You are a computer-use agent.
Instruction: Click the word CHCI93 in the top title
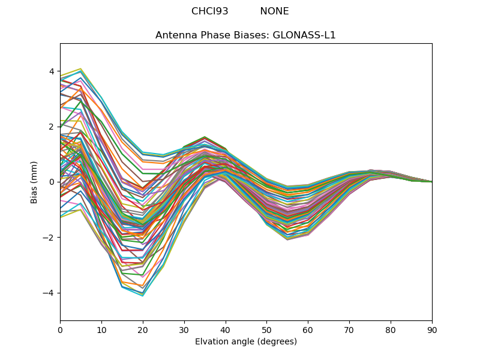[209, 11]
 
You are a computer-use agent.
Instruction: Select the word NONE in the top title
[274, 11]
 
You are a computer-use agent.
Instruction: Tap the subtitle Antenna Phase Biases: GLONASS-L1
[245, 35]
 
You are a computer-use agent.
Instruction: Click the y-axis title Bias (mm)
[34, 182]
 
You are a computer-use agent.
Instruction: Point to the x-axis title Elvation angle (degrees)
[245, 342]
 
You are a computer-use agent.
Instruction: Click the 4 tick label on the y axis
[52, 71]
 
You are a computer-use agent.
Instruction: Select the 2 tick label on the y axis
[52, 127]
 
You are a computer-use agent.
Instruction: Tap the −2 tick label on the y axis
[49, 238]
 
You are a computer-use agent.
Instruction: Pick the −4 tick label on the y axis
[49, 293]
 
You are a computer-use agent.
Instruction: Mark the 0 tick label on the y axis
[52, 182]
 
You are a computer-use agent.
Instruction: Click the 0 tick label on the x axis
[60, 329]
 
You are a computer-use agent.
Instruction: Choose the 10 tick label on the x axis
[101, 329]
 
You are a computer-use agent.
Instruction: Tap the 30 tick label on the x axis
[184, 329]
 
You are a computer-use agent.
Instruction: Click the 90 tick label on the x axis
[432, 329]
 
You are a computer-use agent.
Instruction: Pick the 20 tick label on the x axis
[143, 329]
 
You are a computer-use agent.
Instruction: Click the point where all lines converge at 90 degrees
[431, 182]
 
